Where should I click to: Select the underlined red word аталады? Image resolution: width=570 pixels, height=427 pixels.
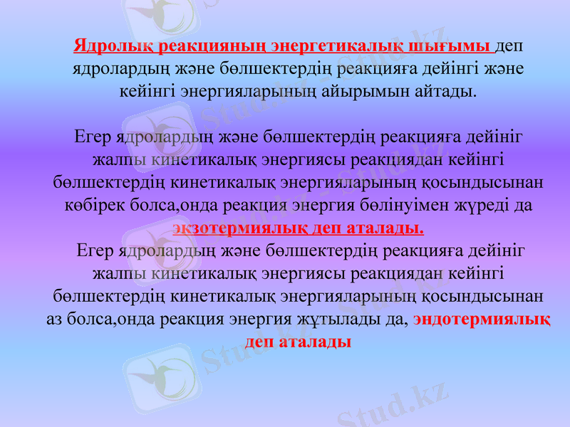pyautogui.click(x=384, y=228)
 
